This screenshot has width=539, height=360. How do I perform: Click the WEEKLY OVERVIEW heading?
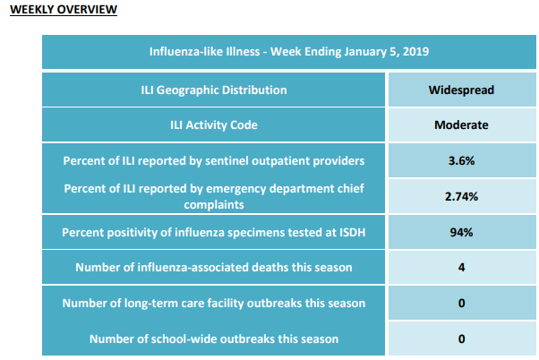point(64,9)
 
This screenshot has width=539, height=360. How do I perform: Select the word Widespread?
point(461,90)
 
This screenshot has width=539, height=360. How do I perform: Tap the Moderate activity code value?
point(461,124)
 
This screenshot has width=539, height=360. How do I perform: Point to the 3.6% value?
point(461,160)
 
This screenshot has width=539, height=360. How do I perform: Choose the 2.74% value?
point(461,196)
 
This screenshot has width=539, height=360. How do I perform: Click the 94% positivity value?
point(461,233)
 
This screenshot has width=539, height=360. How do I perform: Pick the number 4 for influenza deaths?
point(461,267)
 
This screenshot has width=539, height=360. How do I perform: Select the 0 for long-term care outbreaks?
point(461,303)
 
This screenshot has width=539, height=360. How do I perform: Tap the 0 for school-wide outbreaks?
point(461,339)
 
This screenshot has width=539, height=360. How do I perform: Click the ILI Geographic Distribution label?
point(214,90)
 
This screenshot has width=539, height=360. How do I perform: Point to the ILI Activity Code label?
point(214,124)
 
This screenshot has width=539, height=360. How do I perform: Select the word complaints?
point(214,205)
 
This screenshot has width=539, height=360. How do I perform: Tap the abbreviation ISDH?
point(353,233)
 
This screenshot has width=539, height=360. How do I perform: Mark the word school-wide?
point(185,339)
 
